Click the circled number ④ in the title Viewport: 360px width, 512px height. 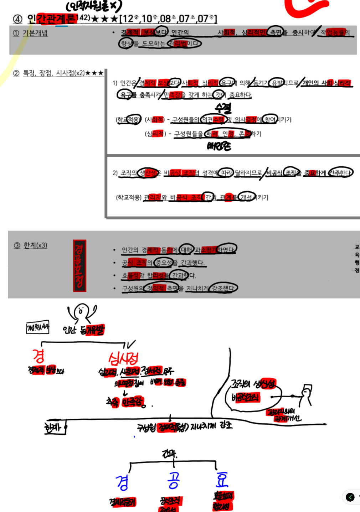click(x=17, y=19)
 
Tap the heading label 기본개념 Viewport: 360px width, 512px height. click(x=35, y=33)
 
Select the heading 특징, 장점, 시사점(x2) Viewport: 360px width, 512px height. click(x=53, y=73)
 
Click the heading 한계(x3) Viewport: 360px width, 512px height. click(x=35, y=245)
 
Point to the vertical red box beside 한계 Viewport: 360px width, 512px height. click(x=79, y=266)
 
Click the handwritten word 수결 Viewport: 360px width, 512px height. click(x=223, y=107)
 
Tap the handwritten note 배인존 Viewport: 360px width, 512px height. click(x=219, y=146)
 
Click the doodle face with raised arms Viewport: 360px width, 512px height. click(x=82, y=313)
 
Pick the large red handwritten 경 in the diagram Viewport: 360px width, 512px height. click(x=38, y=356)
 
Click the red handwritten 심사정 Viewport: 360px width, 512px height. click(x=123, y=358)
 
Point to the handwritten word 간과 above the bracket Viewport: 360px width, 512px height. click(x=169, y=454)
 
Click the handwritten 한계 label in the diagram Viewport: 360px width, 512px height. click(x=53, y=427)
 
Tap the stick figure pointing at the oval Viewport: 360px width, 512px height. click(x=305, y=394)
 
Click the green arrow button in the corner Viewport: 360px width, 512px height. click(x=350, y=497)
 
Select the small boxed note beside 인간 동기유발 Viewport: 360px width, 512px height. click(x=37, y=327)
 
